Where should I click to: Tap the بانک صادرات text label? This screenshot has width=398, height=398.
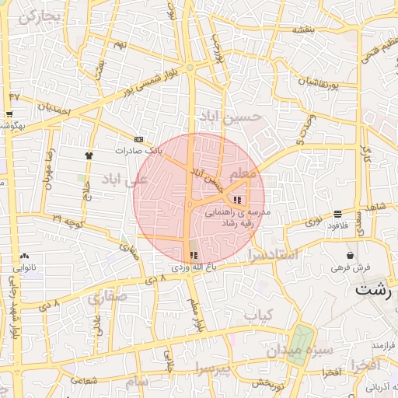coord(139,150)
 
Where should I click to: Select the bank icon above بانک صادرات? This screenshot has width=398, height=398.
coord(139,139)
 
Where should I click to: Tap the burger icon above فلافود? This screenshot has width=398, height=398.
coord(338,215)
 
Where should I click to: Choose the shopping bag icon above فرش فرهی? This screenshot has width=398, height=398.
coord(351,255)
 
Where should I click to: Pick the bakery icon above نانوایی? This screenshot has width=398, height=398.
coord(24,255)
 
